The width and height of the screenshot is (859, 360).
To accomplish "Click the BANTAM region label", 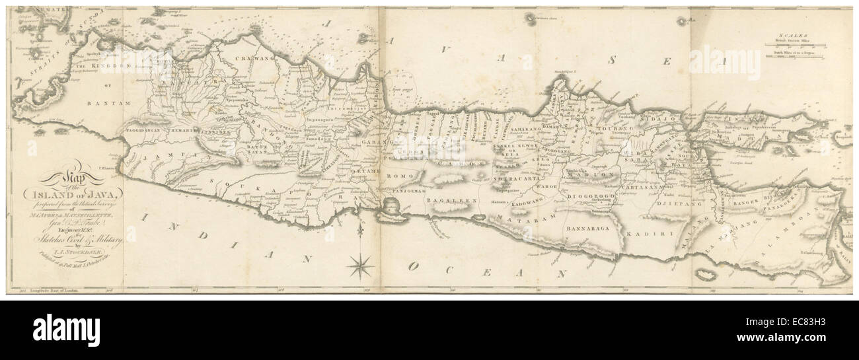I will click(x=98, y=104).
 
